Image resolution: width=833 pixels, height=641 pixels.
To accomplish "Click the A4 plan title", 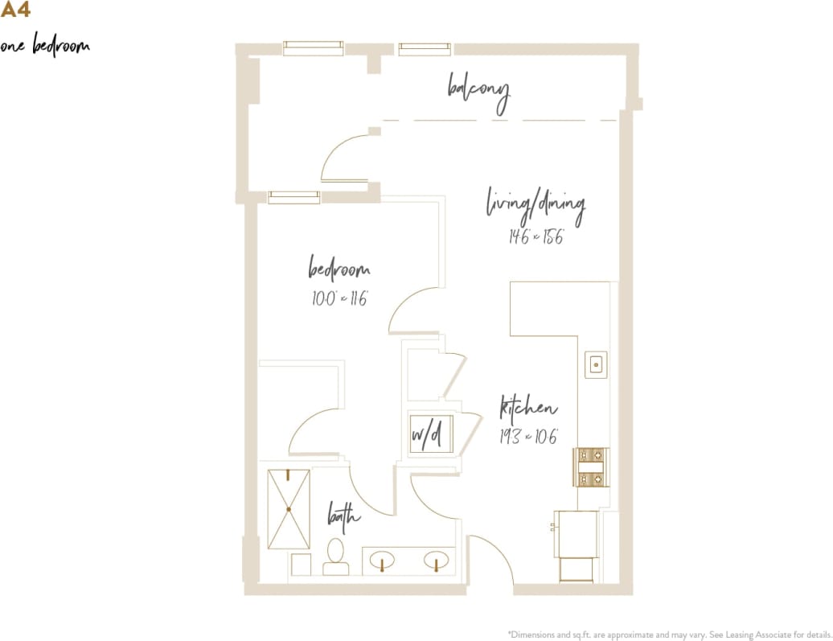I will (x=15, y=10).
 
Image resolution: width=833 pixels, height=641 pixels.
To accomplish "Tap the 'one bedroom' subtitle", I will (x=45, y=46).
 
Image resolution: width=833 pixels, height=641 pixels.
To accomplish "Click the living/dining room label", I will (x=535, y=207).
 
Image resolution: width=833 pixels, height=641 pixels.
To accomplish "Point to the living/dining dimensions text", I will (x=535, y=236).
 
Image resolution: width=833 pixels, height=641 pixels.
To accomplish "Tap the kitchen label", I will (x=528, y=408).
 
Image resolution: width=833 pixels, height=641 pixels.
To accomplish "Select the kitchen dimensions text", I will (x=528, y=438).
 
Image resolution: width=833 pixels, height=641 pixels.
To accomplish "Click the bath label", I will (x=343, y=516).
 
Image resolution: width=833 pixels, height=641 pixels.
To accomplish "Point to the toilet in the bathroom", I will (x=335, y=557).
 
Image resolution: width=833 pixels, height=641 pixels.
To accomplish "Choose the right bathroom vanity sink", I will (x=435, y=560).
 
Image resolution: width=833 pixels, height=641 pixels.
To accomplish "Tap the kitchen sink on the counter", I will (x=596, y=364).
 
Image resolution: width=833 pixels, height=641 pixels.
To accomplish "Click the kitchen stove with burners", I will (x=591, y=467).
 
